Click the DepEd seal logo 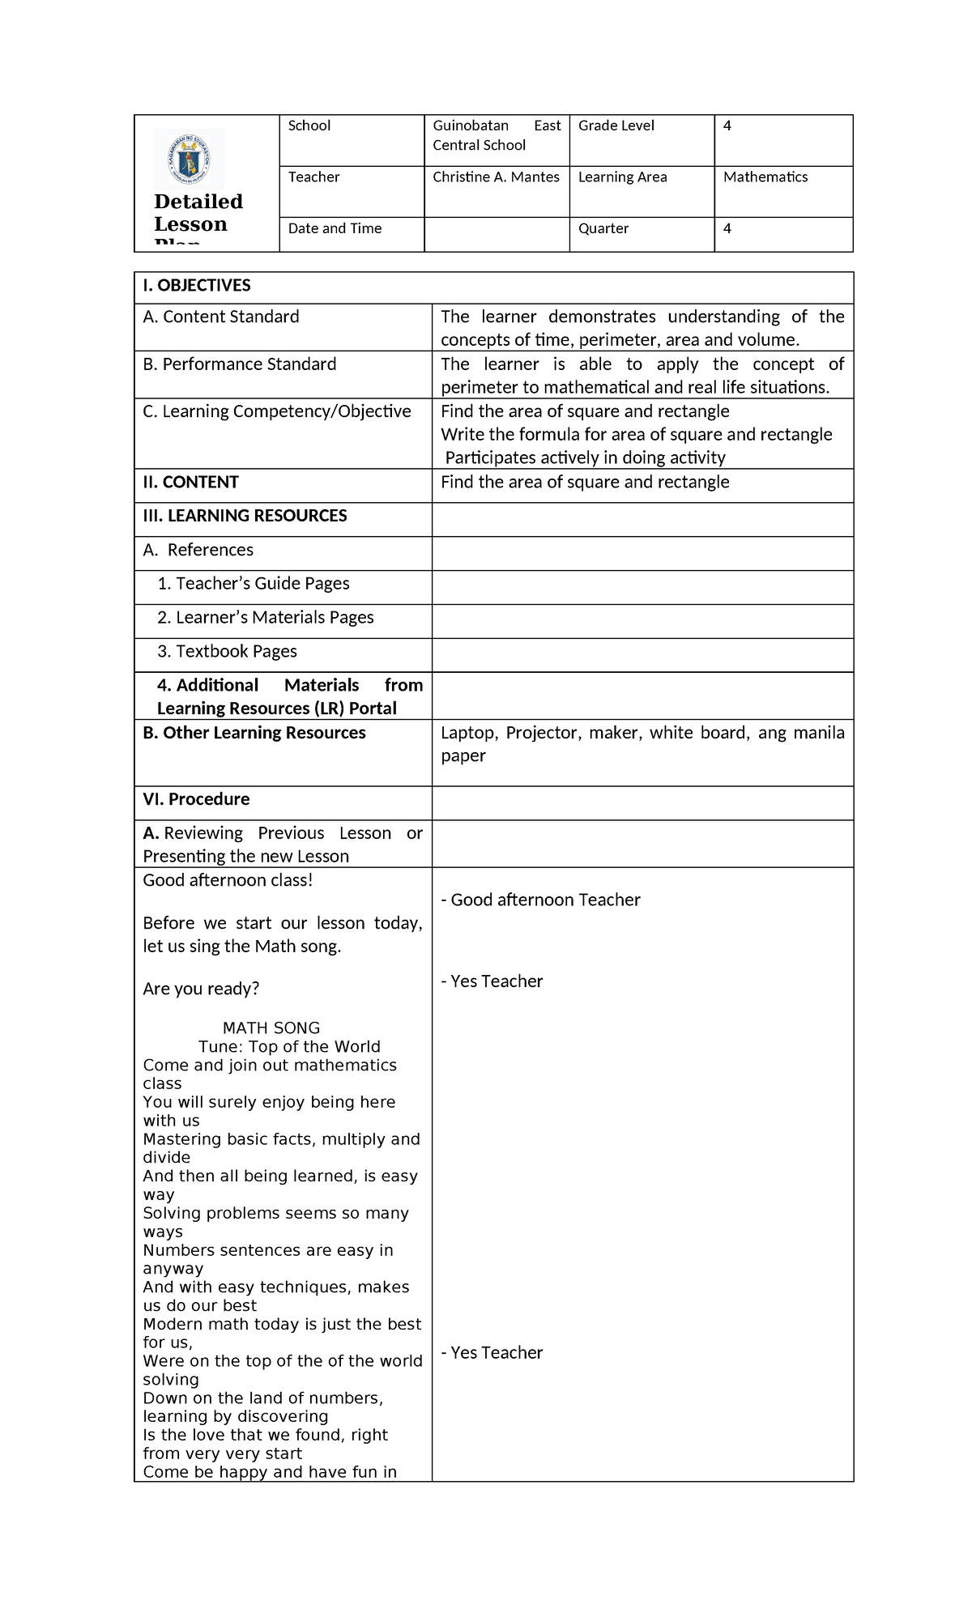(x=188, y=160)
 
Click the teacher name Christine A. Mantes (x=496, y=177)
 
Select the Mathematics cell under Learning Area (x=765, y=177)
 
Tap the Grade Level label (x=616, y=126)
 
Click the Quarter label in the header (x=603, y=228)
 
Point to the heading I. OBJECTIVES (x=197, y=285)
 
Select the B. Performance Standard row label (x=240, y=364)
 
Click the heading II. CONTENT (x=191, y=483)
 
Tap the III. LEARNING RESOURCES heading (x=245, y=516)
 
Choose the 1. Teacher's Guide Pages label (x=254, y=584)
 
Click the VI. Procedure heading (x=196, y=799)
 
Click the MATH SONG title (x=271, y=1028)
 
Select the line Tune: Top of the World (x=289, y=1046)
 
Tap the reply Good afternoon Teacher (x=540, y=900)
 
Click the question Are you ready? (x=201, y=989)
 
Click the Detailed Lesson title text (x=198, y=213)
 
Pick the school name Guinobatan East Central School (x=496, y=135)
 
